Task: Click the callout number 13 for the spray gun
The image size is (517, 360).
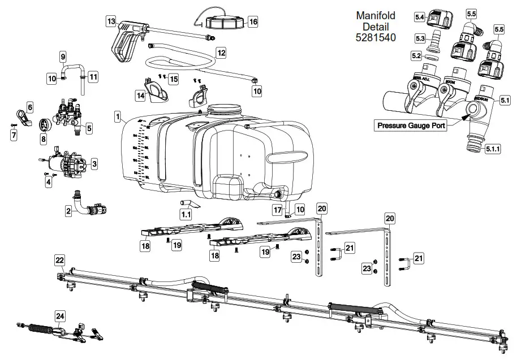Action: pyautogui.click(x=111, y=21)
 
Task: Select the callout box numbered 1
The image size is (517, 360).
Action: pyautogui.click(x=117, y=118)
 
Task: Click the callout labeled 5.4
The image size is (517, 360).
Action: pyautogui.click(x=420, y=18)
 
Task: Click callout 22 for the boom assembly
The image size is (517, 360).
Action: pyautogui.click(x=59, y=259)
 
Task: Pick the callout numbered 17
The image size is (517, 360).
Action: pyautogui.click(x=277, y=210)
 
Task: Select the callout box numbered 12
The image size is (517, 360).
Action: pyautogui.click(x=221, y=53)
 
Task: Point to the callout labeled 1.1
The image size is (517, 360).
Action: pyautogui.click(x=186, y=214)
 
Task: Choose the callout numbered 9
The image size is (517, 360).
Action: pyautogui.click(x=63, y=57)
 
